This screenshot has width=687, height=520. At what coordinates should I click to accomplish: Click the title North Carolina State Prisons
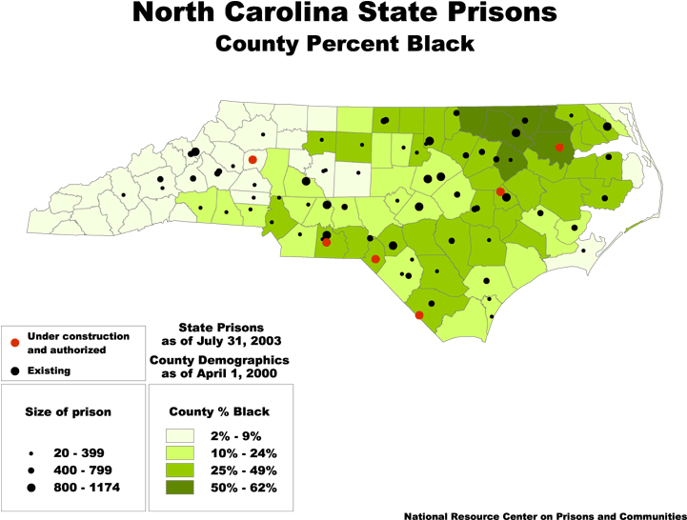click(345, 13)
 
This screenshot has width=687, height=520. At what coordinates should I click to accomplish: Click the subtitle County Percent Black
click(345, 44)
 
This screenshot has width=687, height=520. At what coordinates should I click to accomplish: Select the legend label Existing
click(49, 370)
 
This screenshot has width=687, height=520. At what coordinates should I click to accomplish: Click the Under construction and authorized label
click(78, 343)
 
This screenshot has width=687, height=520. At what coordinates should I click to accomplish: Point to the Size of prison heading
click(68, 411)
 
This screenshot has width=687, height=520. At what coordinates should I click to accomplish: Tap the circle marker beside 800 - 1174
click(31, 487)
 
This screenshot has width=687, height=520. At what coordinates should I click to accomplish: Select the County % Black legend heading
click(219, 411)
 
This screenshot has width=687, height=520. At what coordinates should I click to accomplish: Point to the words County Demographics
click(219, 360)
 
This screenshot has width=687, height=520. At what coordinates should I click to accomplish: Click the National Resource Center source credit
click(543, 515)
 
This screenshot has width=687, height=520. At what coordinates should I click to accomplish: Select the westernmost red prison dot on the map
click(253, 160)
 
